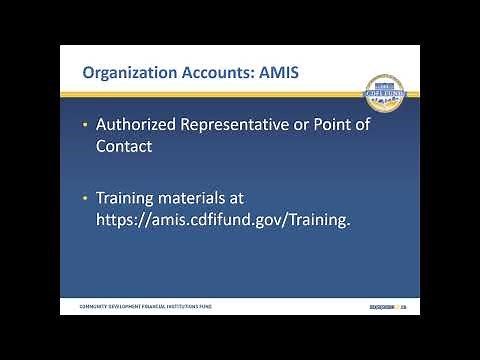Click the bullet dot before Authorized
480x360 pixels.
(x=85, y=126)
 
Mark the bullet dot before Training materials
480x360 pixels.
(x=85, y=199)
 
